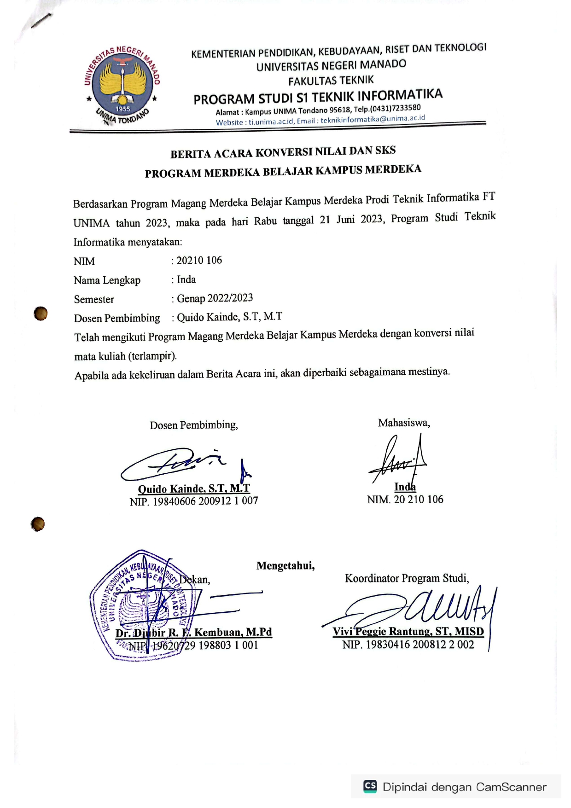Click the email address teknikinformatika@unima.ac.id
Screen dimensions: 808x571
[373, 119]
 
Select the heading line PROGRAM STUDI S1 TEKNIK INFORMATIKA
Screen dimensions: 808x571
[318, 97]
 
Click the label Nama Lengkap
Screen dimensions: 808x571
[107, 280]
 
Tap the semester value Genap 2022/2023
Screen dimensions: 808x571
[215, 298]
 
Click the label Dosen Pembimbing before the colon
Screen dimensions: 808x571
[117, 318]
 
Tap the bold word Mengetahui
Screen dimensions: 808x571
[285, 566]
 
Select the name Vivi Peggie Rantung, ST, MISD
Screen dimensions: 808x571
[408, 631]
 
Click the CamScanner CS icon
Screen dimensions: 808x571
[370, 786]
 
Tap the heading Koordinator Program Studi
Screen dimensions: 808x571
[407, 578]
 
